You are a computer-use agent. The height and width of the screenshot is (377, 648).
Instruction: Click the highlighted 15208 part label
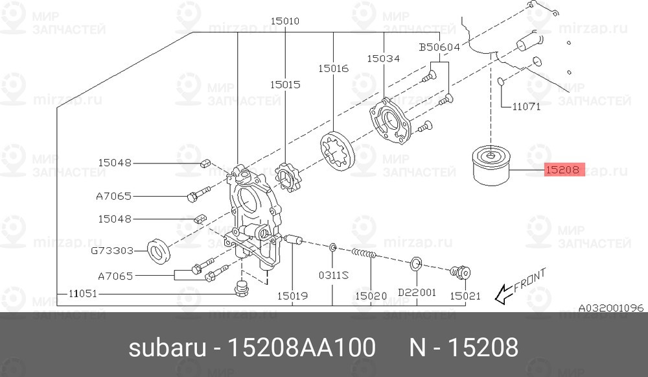point(564,171)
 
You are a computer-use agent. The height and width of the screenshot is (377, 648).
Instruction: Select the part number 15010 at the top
point(285,21)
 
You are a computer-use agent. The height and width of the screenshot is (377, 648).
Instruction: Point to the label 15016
point(333,67)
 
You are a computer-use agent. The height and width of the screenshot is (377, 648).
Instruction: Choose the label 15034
point(383,58)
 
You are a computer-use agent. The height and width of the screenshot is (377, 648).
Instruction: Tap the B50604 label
point(439,47)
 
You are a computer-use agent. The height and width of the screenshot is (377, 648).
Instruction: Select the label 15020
point(371,296)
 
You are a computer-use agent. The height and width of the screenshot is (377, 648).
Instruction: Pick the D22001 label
point(417,293)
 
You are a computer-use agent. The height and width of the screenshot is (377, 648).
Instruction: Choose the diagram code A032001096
point(610,307)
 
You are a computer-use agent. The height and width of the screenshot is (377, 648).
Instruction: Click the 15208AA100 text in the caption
point(299,348)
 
